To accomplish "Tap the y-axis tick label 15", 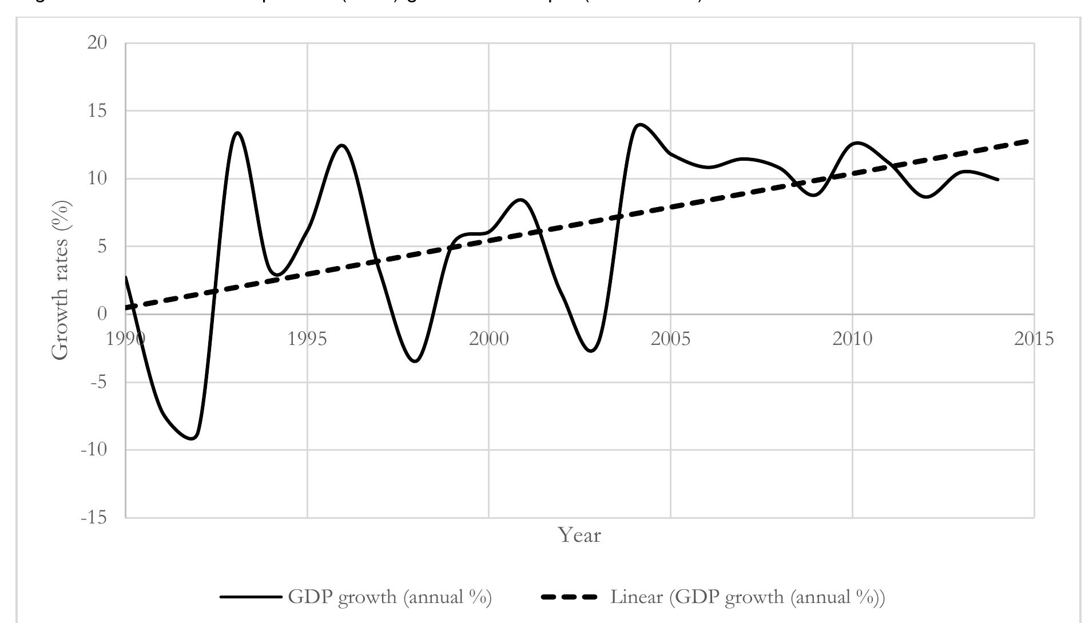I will (98, 110).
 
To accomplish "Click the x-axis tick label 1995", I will (307, 339).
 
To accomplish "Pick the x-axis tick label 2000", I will (489, 339).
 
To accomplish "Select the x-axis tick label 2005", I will (671, 339).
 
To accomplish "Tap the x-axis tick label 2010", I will (852, 339).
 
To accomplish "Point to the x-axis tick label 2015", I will (1034, 339).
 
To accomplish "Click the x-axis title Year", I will (579, 536).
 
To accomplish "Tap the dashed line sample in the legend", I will (569, 598).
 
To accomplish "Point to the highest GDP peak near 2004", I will (639, 124).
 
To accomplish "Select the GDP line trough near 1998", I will (415, 362).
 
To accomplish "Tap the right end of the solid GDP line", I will (998, 180).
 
